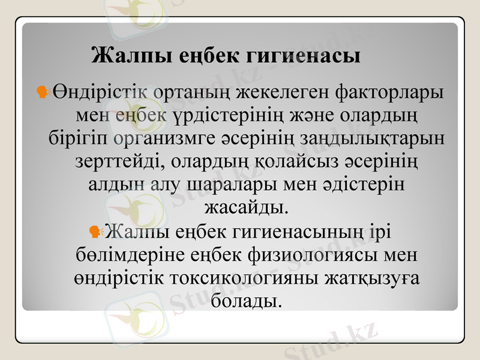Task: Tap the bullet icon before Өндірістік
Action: (x=43, y=92)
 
